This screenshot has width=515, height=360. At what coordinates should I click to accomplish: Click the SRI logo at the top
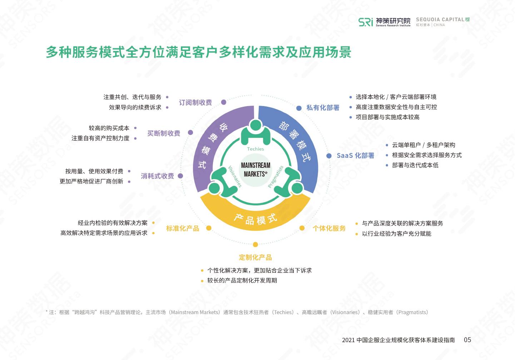pos(366,22)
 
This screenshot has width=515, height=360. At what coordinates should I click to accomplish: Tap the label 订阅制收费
pos(195,102)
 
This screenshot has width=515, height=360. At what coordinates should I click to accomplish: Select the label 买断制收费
pos(164,133)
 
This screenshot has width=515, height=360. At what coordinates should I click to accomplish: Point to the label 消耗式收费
pos(157,176)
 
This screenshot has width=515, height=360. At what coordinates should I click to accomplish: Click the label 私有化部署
pos(323,107)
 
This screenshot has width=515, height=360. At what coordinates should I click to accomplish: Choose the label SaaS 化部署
pos(355,156)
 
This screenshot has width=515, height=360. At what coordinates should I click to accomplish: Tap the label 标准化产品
pos(183,228)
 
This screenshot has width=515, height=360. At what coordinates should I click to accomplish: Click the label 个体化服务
pos(329,228)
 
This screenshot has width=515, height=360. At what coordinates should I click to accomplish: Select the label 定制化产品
pos(255,257)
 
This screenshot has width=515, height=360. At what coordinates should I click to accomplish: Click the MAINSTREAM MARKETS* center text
pos(256,170)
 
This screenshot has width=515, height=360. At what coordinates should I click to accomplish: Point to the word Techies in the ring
pos(256,149)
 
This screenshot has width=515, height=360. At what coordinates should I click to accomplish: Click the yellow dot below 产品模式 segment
pos(255,245)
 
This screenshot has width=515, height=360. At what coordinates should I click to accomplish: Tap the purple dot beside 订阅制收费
pos(224,102)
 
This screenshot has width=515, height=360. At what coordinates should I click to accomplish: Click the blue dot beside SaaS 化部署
pos(329,156)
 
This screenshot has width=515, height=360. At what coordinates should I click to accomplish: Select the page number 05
pos(467,340)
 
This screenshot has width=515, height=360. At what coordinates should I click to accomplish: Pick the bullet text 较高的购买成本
pos(109,128)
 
